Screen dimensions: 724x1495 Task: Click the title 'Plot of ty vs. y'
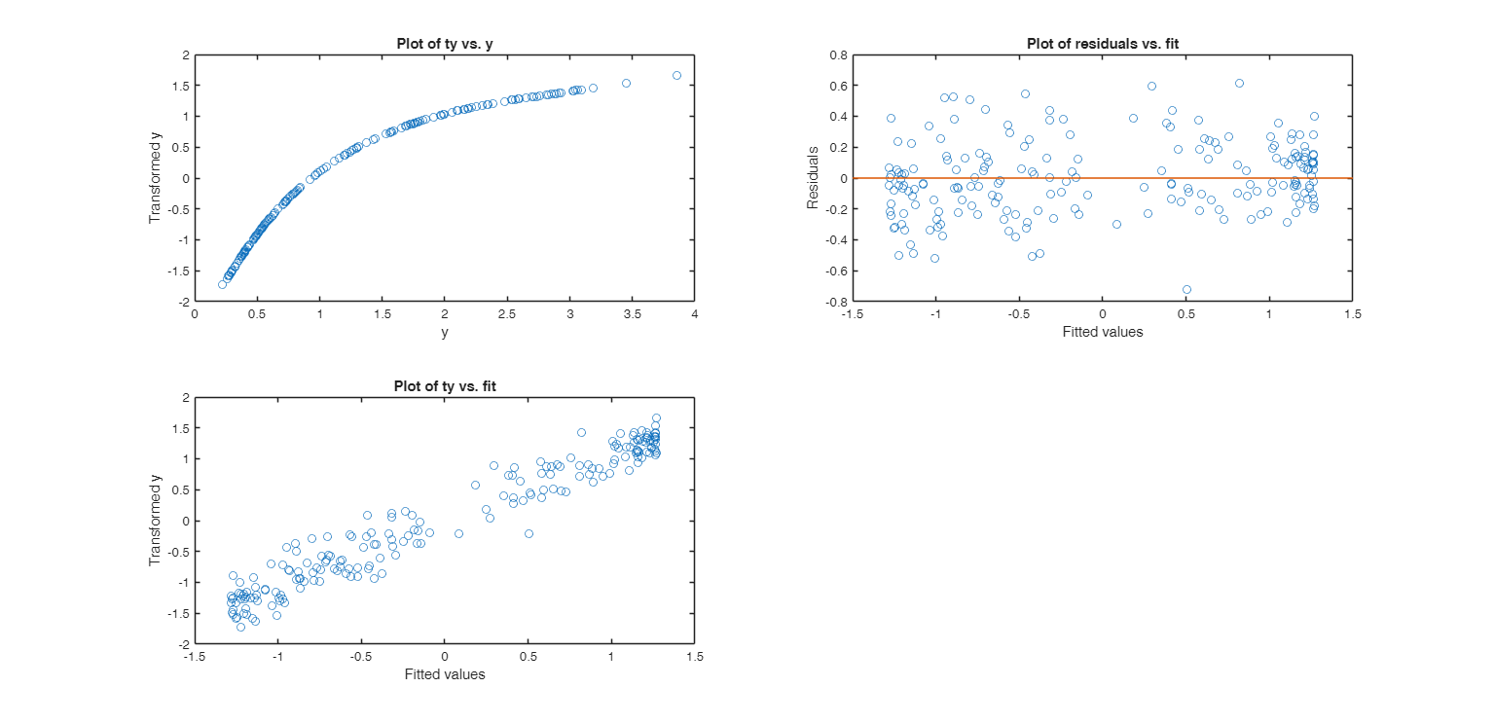tap(444, 44)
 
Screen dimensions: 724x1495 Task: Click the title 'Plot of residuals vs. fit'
tap(1102, 44)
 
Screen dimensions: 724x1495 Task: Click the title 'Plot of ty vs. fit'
tap(444, 386)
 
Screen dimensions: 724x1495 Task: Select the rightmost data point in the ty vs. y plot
tap(676, 75)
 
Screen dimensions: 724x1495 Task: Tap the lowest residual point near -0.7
tap(1186, 289)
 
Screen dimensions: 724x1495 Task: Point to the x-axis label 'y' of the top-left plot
tap(444, 332)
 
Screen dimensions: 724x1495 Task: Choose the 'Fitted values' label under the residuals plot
tap(1102, 332)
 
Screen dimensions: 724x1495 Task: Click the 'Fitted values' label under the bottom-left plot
tap(444, 674)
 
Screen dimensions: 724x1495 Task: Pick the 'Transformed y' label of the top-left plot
tap(154, 178)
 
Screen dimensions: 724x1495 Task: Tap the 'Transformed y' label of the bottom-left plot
tap(154, 521)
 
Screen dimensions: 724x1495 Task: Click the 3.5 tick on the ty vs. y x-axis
tap(632, 315)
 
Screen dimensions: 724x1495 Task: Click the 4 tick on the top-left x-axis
tap(694, 315)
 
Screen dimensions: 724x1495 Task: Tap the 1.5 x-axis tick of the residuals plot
tap(1352, 315)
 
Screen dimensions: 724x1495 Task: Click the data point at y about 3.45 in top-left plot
tap(626, 83)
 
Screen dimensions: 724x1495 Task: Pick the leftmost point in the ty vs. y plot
tap(222, 284)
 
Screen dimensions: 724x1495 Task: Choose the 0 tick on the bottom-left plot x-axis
tap(444, 658)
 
